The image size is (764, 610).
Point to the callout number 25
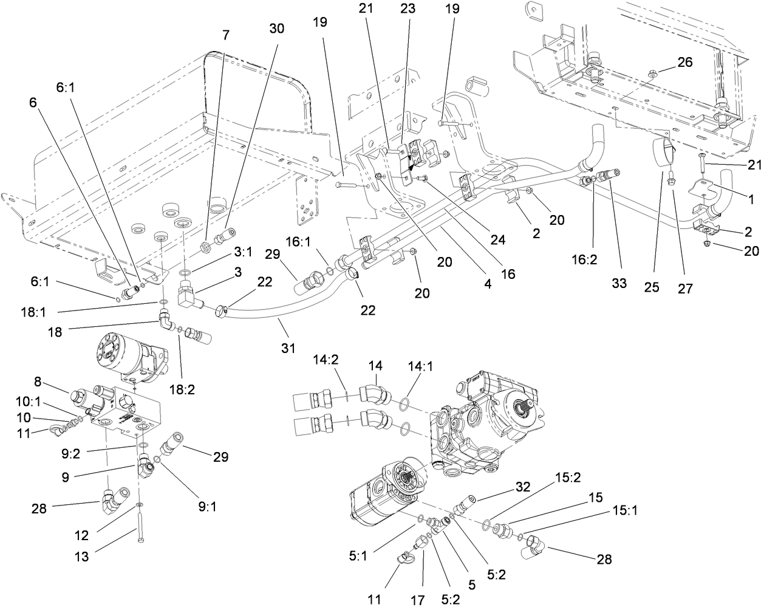(x=652, y=287)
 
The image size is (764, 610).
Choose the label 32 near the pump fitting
(x=523, y=487)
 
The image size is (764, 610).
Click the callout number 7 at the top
(x=226, y=35)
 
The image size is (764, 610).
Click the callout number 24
(x=497, y=240)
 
